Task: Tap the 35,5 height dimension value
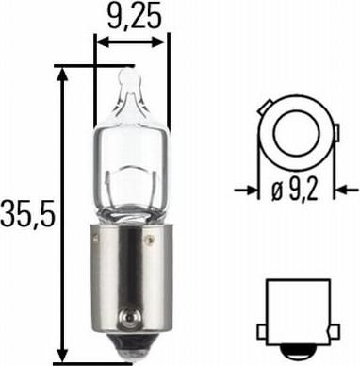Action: [27, 214]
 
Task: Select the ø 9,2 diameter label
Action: [295, 191]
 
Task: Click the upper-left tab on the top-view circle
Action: [265, 107]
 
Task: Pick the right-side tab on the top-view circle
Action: [336, 133]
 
